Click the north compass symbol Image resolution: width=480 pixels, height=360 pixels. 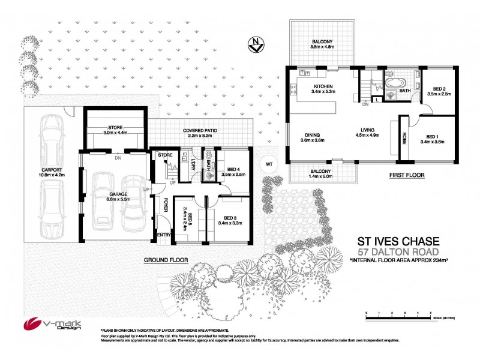pyautogui.click(x=256, y=44)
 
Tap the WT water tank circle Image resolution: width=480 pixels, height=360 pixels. pyautogui.click(x=269, y=164)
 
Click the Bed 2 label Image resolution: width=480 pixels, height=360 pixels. pyautogui.click(x=437, y=91)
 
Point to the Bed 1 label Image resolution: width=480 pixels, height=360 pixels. pyautogui.click(x=434, y=139)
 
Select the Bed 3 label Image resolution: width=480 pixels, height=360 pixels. pyautogui.click(x=231, y=220)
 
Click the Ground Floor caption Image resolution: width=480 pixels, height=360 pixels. pyautogui.click(x=166, y=260)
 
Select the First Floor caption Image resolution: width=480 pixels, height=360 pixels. pyautogui.click(x=407, y=175)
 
